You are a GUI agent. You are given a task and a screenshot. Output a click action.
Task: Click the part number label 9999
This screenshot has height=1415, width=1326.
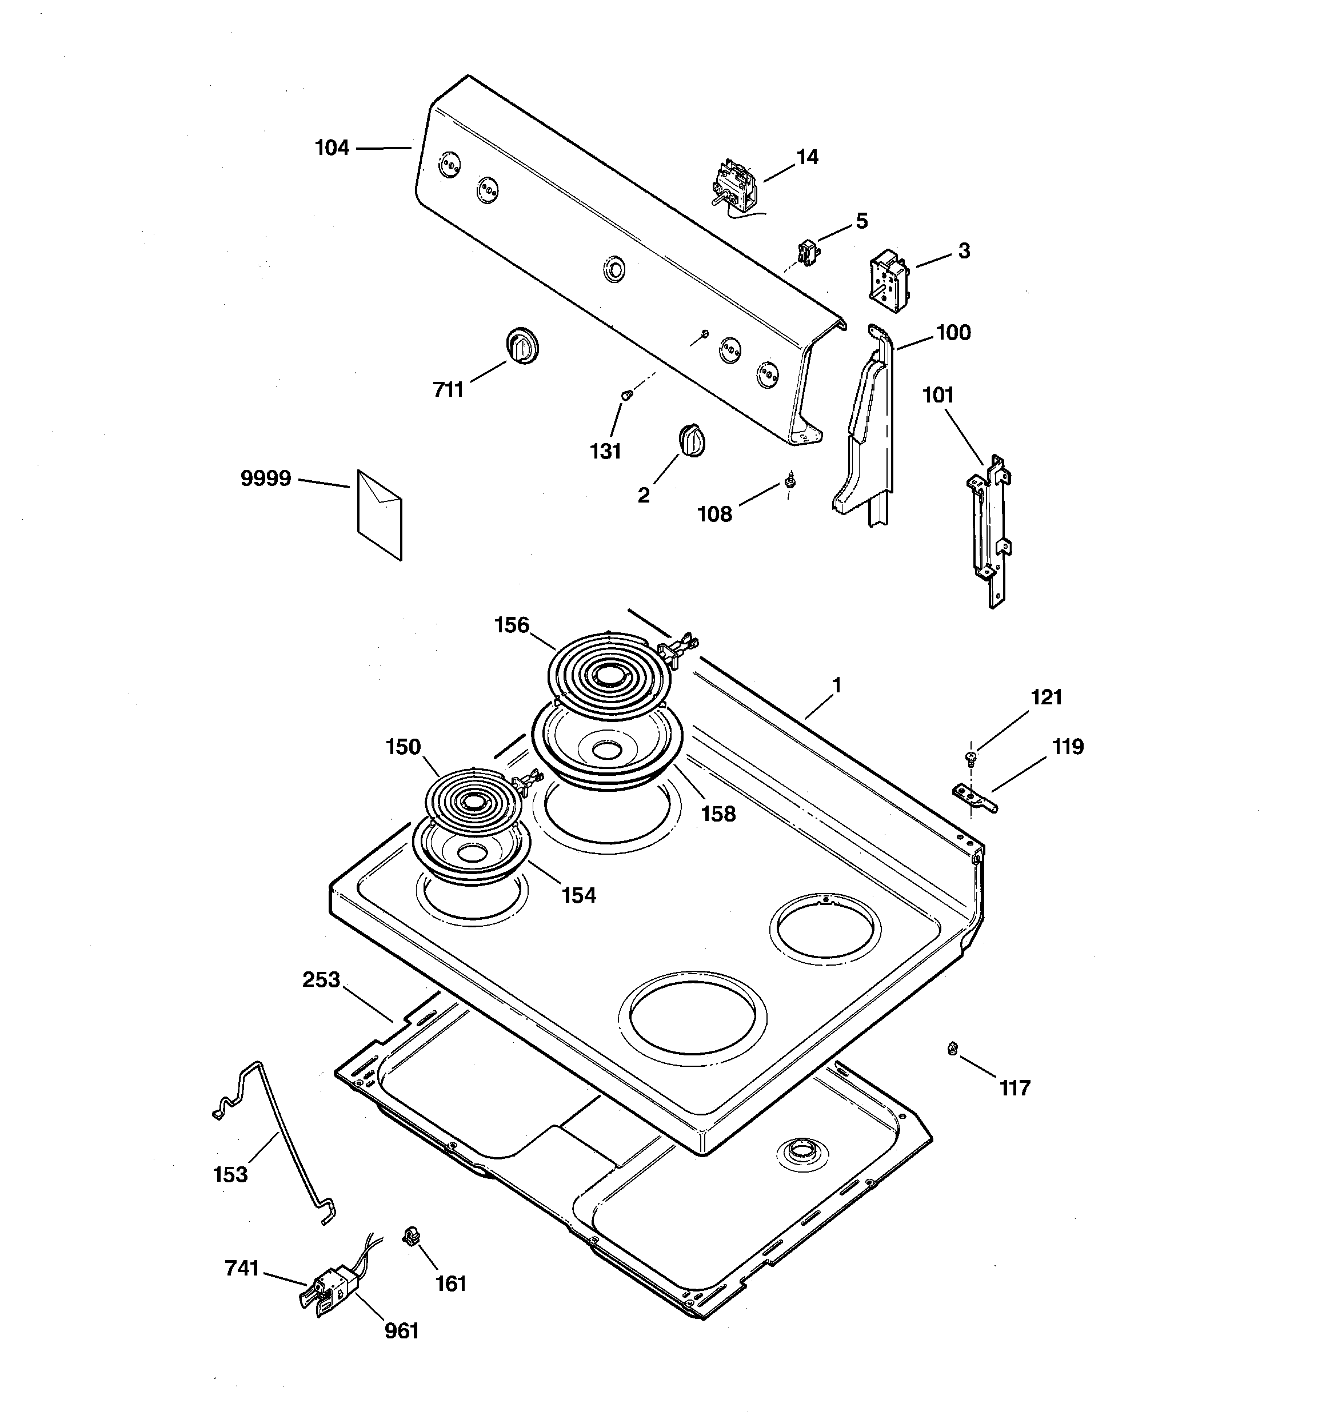[265, 479]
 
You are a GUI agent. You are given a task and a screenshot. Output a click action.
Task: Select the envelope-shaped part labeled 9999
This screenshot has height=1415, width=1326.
[380, 515]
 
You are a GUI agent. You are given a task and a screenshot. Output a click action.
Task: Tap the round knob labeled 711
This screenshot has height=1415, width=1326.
[522, 346]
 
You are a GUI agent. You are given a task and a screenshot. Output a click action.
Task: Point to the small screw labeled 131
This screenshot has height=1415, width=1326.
[626, 395]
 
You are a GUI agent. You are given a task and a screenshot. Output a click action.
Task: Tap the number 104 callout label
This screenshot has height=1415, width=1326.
[333, 148]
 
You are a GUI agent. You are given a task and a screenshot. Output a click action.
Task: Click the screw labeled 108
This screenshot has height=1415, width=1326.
[789, 481]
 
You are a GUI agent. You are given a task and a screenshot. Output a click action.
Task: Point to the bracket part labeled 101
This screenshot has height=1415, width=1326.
[990, 531]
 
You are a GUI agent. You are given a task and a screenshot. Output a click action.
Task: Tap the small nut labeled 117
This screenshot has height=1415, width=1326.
[952, 1048]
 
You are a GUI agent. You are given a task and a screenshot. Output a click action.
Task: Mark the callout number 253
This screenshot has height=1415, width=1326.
[321, 980]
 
